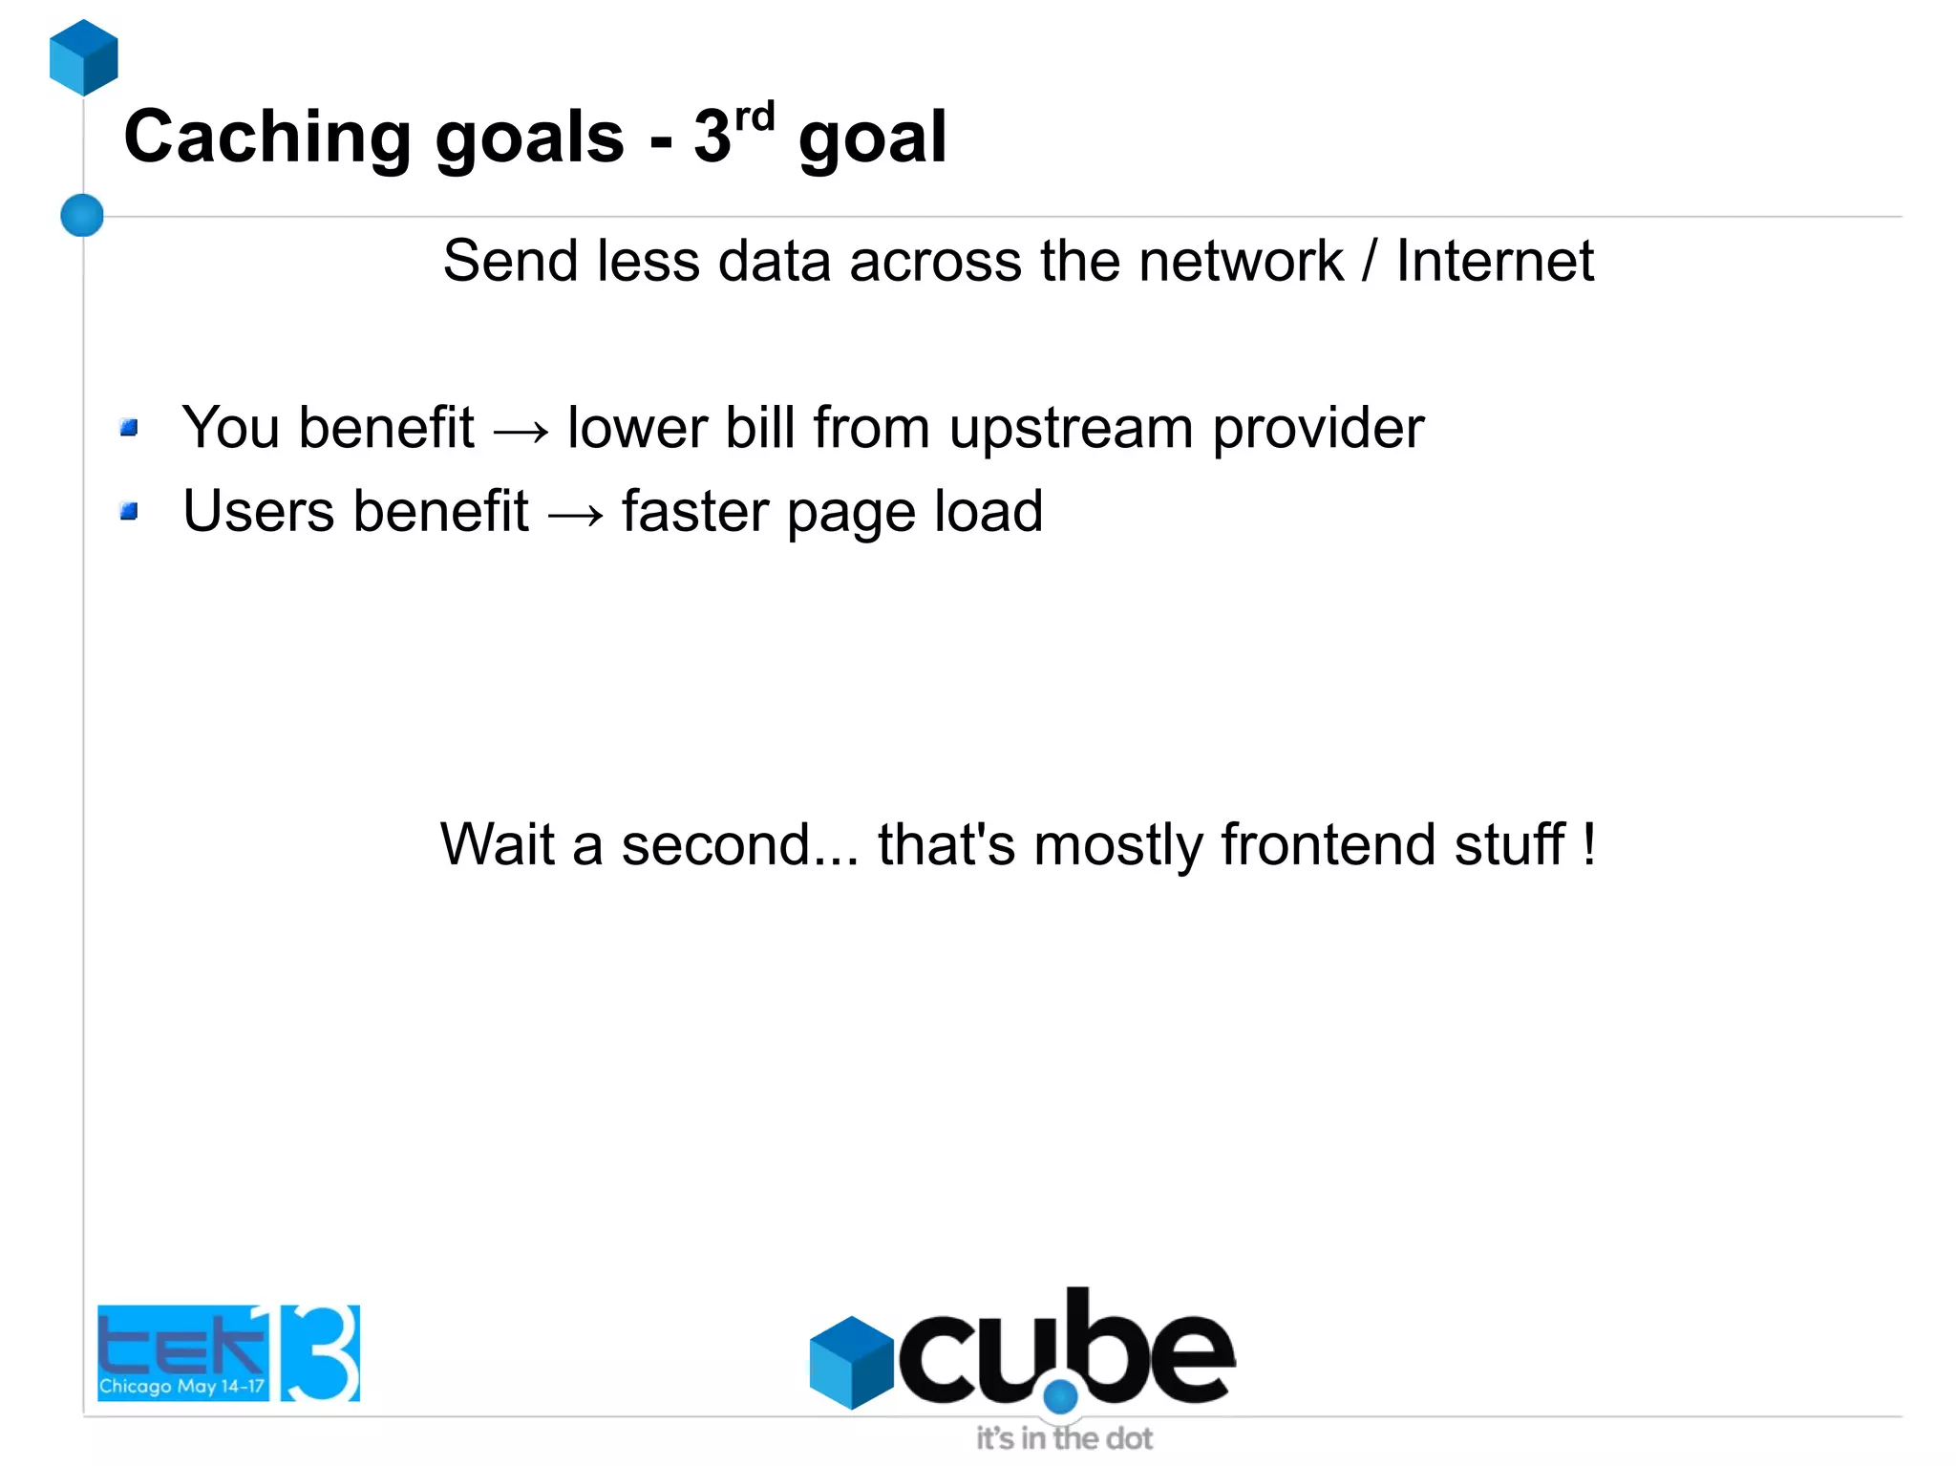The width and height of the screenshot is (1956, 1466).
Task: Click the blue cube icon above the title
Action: [x=84, y=57]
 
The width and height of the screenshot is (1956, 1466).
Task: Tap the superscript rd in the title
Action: [x=755, y=117]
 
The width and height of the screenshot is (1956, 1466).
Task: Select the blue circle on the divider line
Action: [x=82, y=215]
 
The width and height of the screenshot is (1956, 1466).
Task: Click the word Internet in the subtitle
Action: [x=1495, y=261]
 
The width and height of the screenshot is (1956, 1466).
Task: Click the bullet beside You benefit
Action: [x=130, y=428]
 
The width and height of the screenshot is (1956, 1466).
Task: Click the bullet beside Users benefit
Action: [x=130, y=512]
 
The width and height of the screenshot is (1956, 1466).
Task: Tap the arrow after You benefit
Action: [x=521, y=432]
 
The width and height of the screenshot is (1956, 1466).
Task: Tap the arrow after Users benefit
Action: [x=576, y=516]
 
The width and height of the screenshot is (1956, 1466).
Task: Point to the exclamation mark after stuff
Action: [x=1588, y=843]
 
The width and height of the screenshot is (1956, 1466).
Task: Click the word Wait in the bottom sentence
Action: [x=497, y=844]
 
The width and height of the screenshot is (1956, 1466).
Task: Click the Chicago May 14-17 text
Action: [x=181, y=1386]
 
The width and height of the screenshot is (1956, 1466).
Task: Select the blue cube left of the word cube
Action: [x=850, y=1362]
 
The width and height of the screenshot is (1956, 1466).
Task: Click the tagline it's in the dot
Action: [x=1064, y=1438]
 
